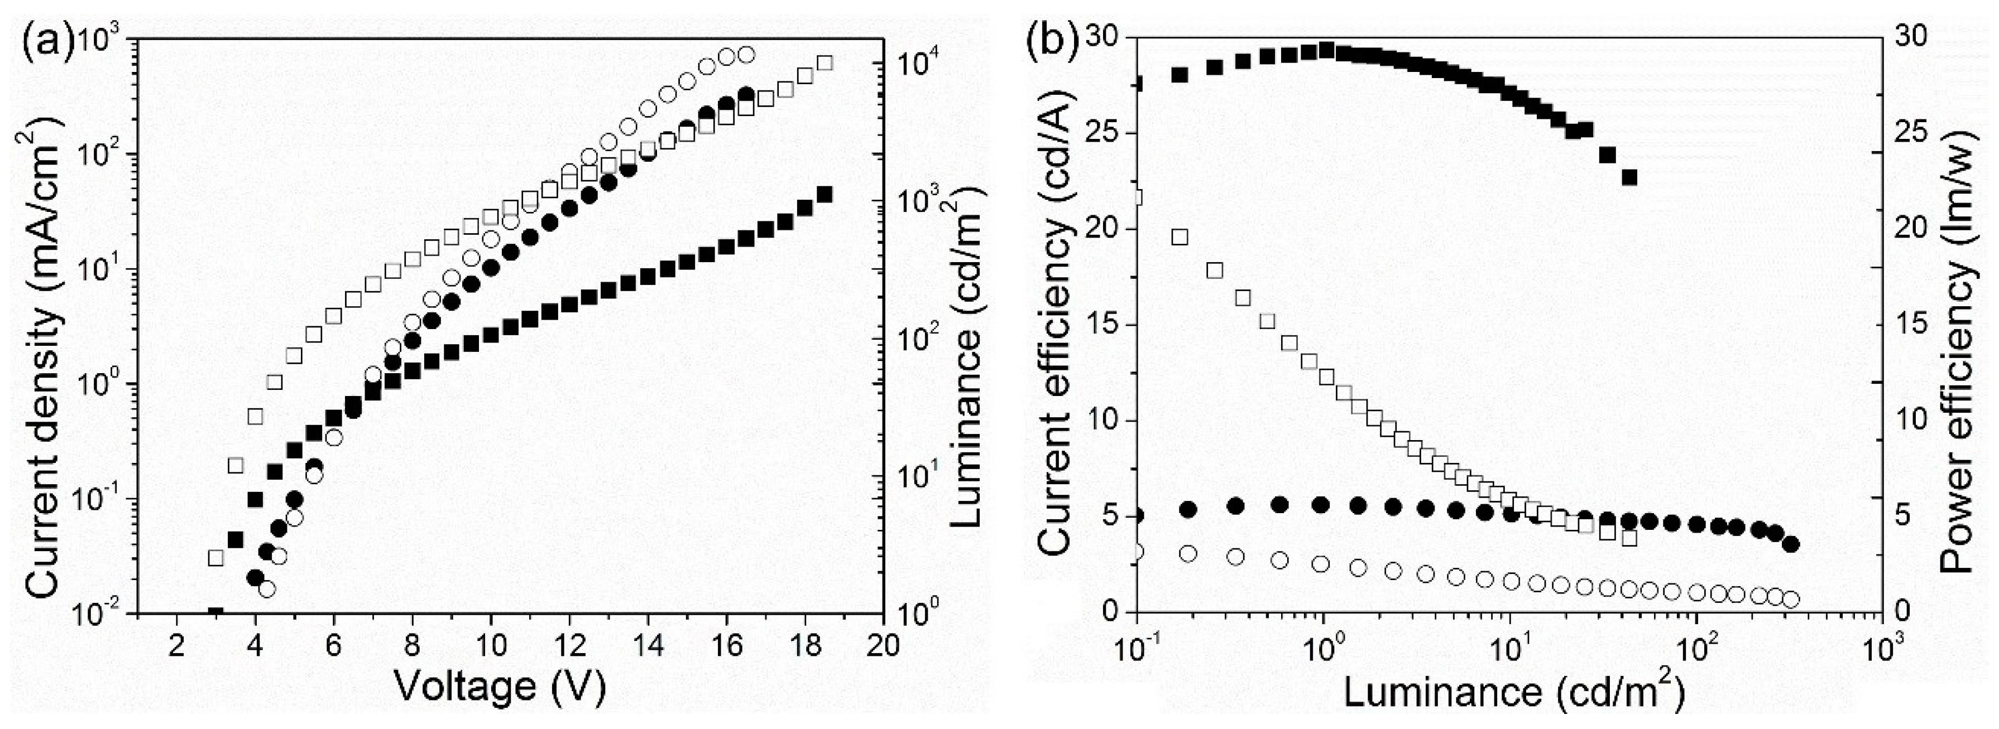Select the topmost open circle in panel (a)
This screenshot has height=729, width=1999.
(x=746, y=55)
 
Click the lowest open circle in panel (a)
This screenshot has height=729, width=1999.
(x=267, y=590)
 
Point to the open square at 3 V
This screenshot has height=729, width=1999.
(x=215, y=558)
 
